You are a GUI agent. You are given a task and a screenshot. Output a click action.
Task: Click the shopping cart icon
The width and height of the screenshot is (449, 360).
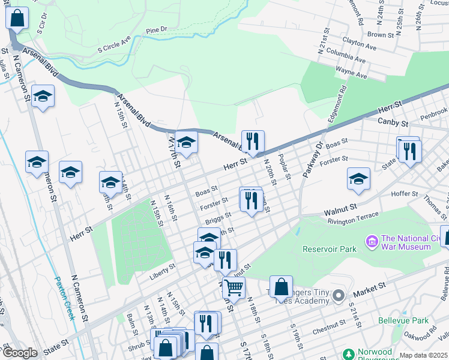point(234,287)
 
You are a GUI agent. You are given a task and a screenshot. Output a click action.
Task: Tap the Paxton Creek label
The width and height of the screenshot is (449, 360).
point(64,298)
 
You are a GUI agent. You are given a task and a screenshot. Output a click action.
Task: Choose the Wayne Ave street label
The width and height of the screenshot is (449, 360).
point(351,73)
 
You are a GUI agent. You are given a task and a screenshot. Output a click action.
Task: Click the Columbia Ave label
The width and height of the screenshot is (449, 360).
point(347,60)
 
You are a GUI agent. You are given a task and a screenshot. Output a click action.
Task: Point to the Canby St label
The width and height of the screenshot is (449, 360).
point(393,122)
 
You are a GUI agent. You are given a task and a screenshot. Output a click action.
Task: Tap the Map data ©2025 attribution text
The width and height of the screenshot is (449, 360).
point(423,355)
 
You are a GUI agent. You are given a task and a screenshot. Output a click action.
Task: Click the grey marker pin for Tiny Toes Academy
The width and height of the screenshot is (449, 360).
point(339,295)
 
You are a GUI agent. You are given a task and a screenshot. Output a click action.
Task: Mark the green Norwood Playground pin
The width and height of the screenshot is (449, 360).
point(348,354)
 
